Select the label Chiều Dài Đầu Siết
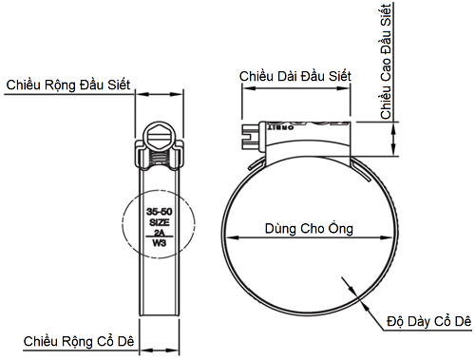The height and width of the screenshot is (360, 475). (296, 75)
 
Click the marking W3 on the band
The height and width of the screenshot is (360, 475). (160, 242)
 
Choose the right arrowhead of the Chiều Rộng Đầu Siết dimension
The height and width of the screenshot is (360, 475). (178, 94)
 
